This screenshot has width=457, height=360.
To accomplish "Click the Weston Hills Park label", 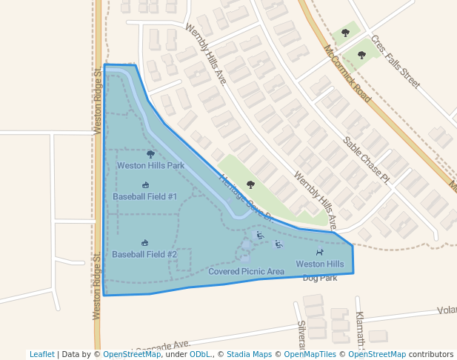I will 150,165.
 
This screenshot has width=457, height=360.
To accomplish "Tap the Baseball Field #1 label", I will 144,196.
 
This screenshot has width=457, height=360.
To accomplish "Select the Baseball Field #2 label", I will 144,254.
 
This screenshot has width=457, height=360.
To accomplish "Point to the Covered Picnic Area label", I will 246,271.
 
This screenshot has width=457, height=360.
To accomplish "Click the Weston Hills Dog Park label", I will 320,270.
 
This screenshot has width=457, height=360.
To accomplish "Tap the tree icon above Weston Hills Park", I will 151,154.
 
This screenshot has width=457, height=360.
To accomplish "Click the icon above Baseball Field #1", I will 145,185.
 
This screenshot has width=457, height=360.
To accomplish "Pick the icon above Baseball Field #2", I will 144,243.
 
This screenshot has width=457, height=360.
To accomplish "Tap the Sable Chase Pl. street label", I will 365,159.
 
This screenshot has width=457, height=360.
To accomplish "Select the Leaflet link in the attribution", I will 42,354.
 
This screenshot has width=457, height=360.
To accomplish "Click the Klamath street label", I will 361,329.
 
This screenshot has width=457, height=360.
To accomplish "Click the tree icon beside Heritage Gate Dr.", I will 250,184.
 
